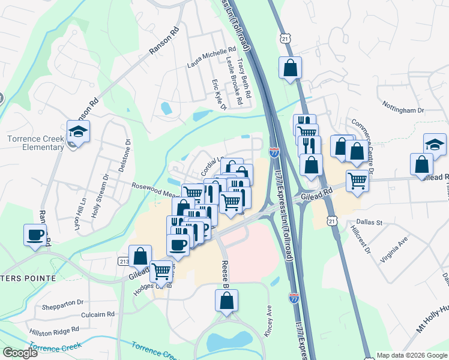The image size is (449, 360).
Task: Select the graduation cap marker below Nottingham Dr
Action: click(x=435, y=143)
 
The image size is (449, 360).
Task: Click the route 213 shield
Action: click(x=124, y=262)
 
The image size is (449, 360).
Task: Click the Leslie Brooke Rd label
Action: click(x=234, y=80)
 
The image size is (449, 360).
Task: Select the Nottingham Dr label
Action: click(x=403, y=110)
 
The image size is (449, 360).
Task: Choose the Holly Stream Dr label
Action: click(x=100, y=193)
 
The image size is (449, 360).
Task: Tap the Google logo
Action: click(x=20, y=353)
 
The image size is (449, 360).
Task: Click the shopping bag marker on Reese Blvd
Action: click(x=226, y=301)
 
